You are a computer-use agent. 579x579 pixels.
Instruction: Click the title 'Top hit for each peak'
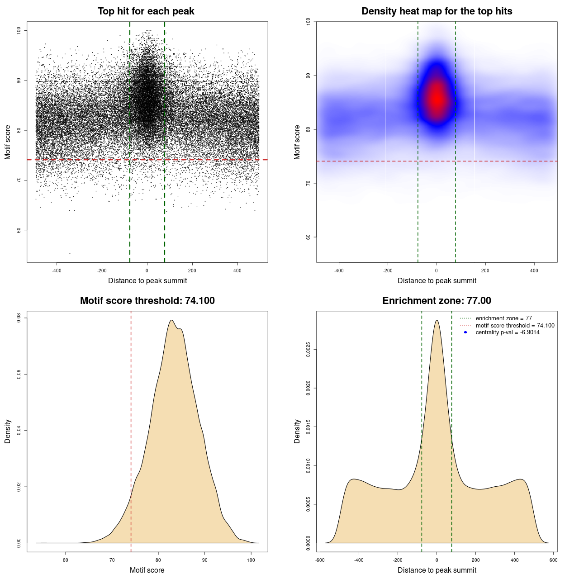146,11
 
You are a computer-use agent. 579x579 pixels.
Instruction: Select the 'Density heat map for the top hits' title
437,11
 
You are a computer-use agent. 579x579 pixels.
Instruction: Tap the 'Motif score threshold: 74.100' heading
147,301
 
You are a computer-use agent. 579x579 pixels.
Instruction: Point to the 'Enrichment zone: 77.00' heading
437,301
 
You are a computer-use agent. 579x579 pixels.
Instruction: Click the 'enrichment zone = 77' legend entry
503,318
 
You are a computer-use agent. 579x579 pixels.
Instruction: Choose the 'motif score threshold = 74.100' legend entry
515,325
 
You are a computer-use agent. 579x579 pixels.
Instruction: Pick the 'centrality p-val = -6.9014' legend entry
507,332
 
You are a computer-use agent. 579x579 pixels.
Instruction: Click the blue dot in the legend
465,332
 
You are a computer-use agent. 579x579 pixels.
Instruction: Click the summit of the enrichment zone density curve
437,320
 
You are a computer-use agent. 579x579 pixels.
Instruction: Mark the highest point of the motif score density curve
171,320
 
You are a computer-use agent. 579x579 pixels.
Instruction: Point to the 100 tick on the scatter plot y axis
19,30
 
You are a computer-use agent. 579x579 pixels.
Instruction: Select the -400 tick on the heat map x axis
339,271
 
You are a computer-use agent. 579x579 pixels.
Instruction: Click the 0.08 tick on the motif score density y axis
19,318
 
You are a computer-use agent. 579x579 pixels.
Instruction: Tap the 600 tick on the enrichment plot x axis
553,560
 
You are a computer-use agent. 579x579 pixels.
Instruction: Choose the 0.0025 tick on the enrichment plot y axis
308,349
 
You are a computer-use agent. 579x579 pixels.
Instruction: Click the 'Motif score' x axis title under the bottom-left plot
147,570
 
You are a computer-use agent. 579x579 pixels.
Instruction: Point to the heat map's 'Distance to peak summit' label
437,280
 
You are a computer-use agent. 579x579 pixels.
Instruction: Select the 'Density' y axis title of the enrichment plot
297,431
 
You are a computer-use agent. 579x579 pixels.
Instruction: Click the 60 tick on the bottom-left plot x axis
66,560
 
